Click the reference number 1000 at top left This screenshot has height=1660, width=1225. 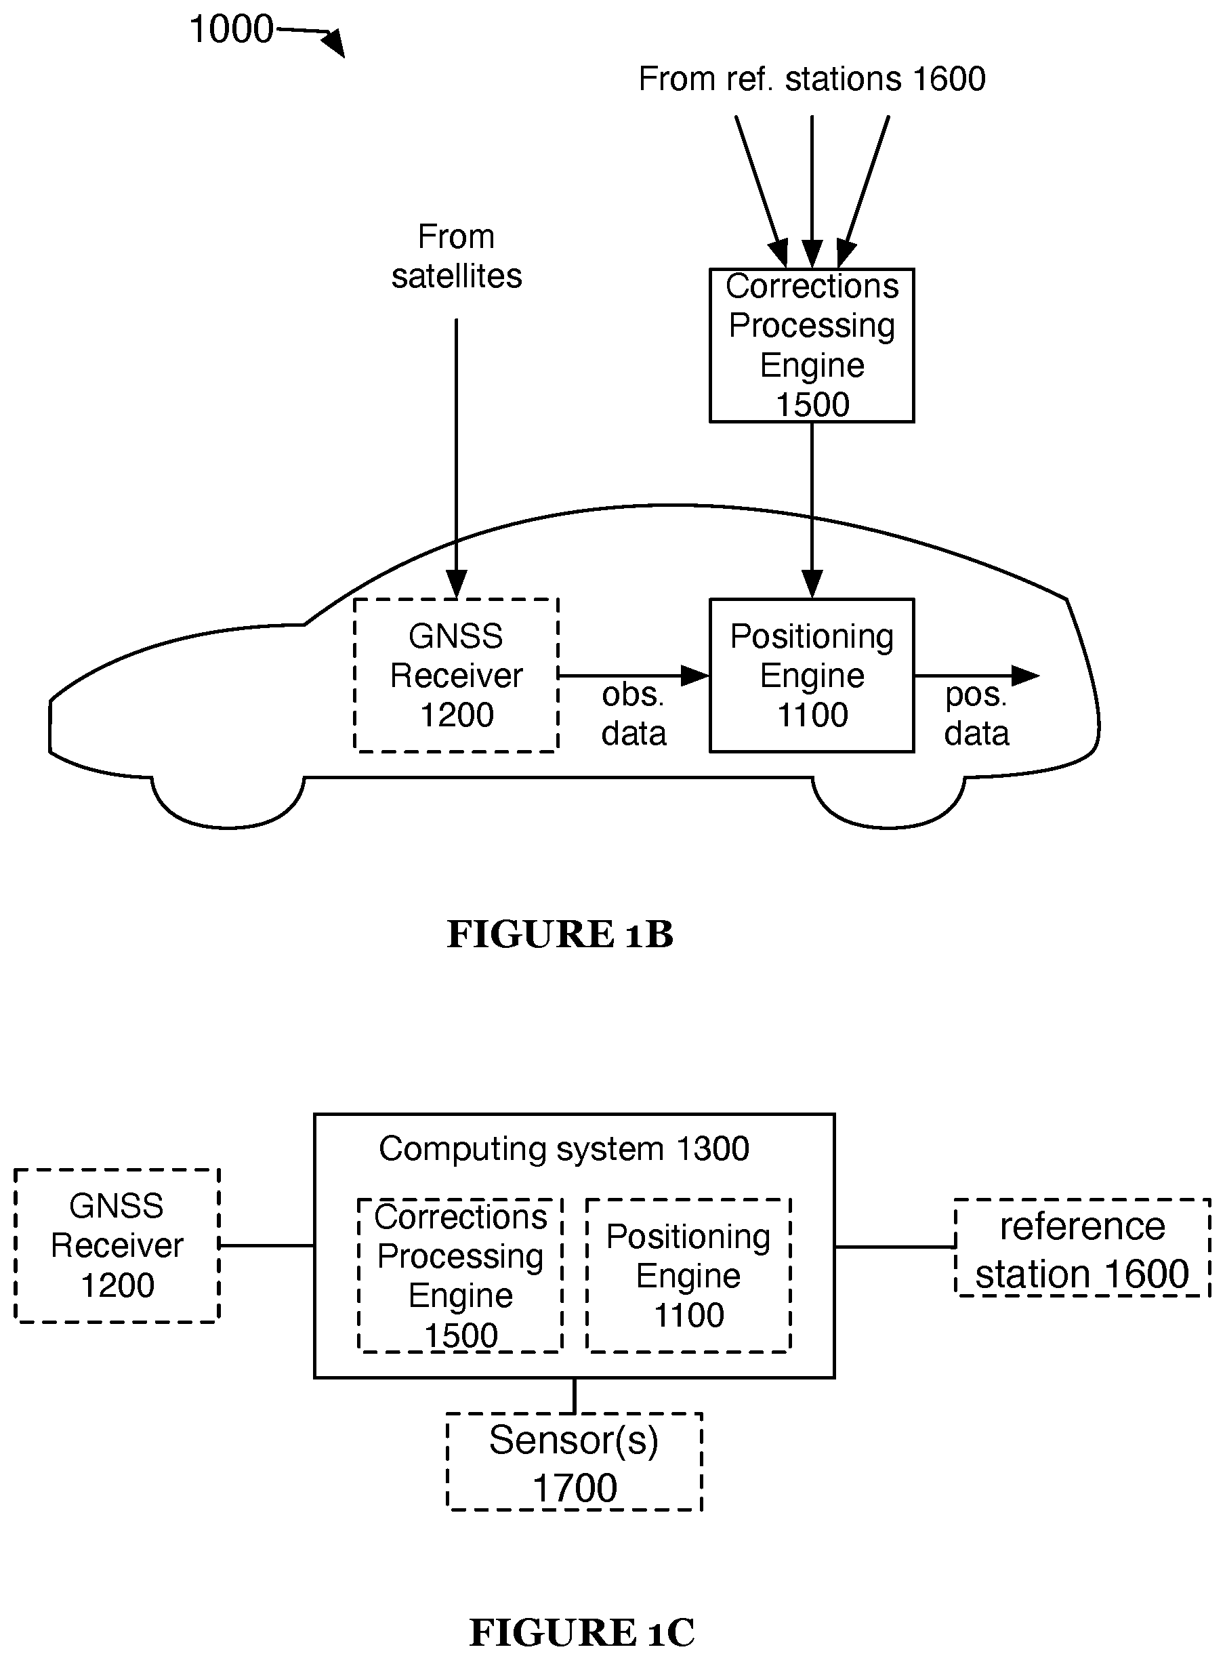tap(231, 30)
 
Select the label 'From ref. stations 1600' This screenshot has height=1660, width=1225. tap(812, 79)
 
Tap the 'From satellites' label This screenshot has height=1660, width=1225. tap(456, 257)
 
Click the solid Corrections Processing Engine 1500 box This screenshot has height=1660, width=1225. tap(812, 346)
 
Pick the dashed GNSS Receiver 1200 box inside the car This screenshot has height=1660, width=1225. tap(456, 676)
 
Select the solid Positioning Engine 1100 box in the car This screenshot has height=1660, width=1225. tap(812, 676)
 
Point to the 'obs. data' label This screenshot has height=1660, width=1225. tap(634, 714)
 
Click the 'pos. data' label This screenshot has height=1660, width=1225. tap(976, 714)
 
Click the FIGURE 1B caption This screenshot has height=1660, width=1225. tap(560, 934)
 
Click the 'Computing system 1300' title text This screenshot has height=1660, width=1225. tap(564, 1149)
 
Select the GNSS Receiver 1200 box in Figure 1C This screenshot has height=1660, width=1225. tap(117, 1246)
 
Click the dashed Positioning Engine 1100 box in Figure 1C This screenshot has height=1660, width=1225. tap(688, 1276)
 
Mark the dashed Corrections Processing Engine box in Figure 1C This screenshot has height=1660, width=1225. tap(461, 1276)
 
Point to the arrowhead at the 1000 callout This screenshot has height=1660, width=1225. tap(335, 43)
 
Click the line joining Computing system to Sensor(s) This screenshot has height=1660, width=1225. tap(575, 1395)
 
